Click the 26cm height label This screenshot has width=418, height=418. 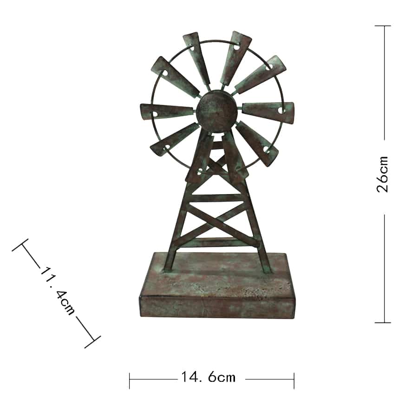coord(383,174)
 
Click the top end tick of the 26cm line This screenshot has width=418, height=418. coord(383,26)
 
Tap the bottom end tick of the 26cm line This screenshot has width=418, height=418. coord(383,322)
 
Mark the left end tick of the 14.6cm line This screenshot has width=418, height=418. coord(130,379)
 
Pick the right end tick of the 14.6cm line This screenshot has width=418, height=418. coord(294,379)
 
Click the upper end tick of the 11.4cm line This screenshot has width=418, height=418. coord(20,245)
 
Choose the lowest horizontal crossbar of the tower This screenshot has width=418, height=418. coord(217,242)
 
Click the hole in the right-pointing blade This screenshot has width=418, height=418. coord(280,111)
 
